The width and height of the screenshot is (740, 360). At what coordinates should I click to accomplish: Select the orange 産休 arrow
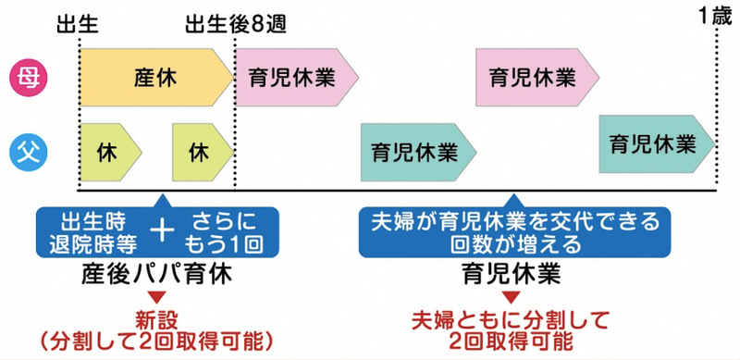[x=155, y=76]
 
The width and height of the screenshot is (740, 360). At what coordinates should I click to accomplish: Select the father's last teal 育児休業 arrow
[x=655, y=143]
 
